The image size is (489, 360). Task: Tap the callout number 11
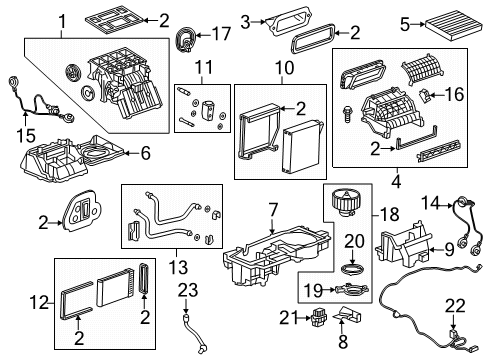(x=205, y=69)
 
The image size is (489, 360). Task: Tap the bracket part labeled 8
(x=344, y=318)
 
